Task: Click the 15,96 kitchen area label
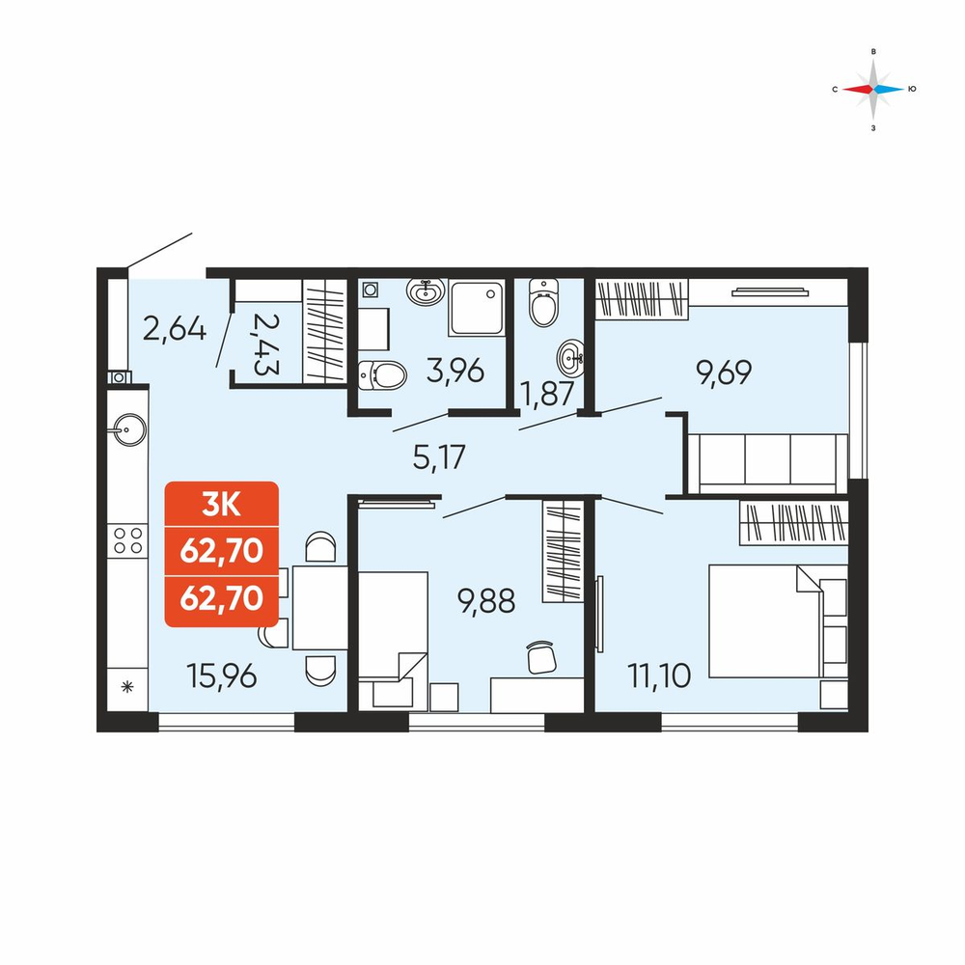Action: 222,677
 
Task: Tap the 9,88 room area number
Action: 486,601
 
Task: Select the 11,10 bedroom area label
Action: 659,675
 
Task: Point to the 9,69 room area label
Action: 724,372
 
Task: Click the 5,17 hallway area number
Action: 439,457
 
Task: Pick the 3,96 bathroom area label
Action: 455,372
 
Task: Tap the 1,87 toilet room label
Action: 548,395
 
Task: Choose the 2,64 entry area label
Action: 175,329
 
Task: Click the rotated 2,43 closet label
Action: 266,345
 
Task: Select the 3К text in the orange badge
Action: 222,506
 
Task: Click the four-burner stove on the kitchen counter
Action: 127,541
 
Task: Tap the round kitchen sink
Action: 128,429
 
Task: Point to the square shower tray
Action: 477,308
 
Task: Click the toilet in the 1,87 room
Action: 543,303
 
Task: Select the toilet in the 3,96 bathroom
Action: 382,374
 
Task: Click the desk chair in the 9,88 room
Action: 541,657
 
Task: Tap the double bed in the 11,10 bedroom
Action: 766,621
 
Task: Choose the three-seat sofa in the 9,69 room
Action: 767,464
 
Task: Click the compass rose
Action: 873,89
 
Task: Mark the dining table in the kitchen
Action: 320,607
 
